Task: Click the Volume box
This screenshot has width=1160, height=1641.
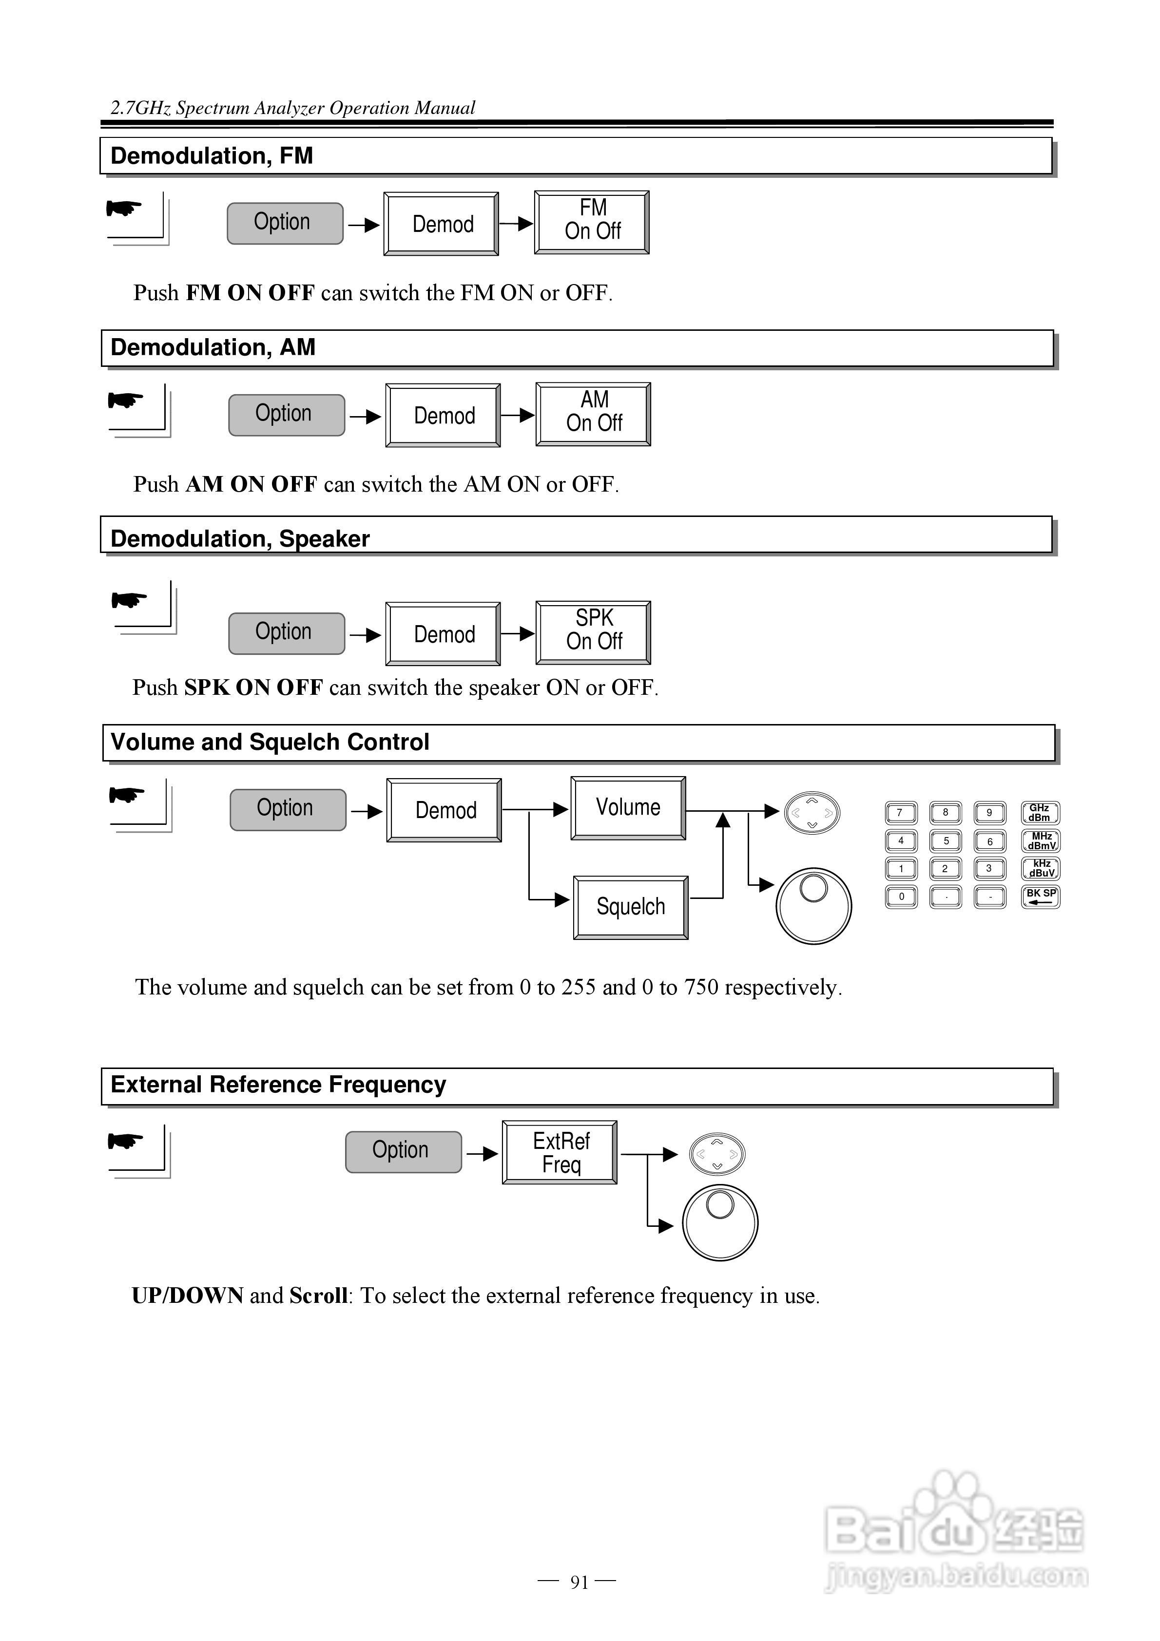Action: coord(628,808)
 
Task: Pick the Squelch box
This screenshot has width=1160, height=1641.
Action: coord(630,907)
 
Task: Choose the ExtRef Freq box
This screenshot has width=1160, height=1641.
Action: coord(560,1152)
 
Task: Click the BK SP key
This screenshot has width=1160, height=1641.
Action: coord(1041,896)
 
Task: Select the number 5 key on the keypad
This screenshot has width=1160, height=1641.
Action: coord(946,841)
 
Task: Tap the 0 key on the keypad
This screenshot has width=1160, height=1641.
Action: coord(901,896)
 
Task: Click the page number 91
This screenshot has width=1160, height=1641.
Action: coord(579,1583)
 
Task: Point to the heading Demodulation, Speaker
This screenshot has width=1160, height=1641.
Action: coord(240,538)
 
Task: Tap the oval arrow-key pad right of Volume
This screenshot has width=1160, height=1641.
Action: coord(812,813)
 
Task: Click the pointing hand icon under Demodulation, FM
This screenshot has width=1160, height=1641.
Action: coord(124,209)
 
